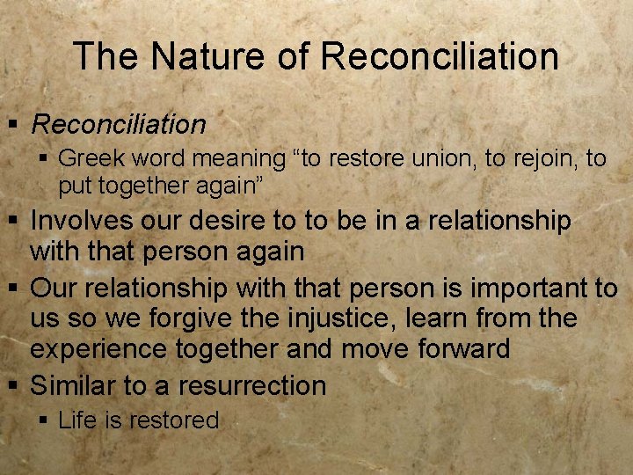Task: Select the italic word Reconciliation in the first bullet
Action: point(118,124)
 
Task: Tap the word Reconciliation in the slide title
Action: point(440,56)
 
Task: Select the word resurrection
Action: point(251,384)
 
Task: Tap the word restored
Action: point(172,420)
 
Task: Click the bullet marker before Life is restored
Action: point(46,420)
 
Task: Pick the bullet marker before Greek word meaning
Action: point(46,158)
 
